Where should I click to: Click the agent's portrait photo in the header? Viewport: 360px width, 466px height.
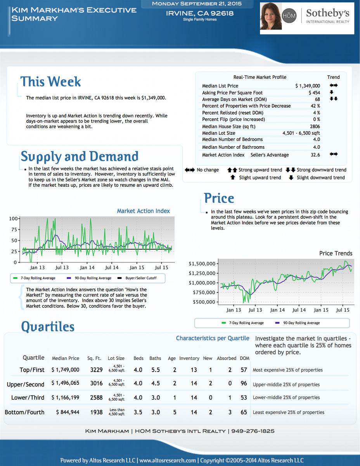pyautogui.click(x=271, y=16)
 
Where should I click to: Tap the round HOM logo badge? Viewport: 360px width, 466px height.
pyautogui.click(x=289, y=16)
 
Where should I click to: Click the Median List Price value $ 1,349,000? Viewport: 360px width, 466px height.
pyautogui.click(x=308, y=86)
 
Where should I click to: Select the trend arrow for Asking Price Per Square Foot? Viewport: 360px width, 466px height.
pyautogui.click(x=332, y=92)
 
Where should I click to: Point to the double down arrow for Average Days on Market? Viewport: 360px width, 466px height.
pyautogui.click(x=334, y=99)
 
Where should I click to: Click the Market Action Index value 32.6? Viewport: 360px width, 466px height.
pyautogui.click(x=315, y=155)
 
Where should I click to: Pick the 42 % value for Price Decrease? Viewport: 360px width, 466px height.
pyautogui.click(x=315, y=106)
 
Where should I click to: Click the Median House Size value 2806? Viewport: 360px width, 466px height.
pyautogui.click(x=315, y=126)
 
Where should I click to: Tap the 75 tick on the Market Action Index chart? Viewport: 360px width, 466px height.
pyautogui.click(x=14, y=230)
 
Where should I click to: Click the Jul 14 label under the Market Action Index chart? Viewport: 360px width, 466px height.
pyautogui.click(x=112, y=268)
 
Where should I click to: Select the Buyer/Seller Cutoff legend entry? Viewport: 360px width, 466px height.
pyautogui.click(x=137, y=278)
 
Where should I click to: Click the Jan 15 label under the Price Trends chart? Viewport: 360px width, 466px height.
pyautogui.click(x=321, y=310)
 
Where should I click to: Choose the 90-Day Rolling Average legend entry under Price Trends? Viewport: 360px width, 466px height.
pyautogui.click(x=298, y=323)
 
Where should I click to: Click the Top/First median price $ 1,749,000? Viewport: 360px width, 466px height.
pyautogui.click(x=65, y=370)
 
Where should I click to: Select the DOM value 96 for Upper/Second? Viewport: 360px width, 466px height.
pyautogui.click(x=244, y=383)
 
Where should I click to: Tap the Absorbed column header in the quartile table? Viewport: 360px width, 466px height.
pyautogui.click(x=227, y=358)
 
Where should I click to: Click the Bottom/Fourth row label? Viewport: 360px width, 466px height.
pyautogui.click(x=24, y=412)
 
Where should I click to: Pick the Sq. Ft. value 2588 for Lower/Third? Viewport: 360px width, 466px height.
pyautogui.click(x=96, y=398)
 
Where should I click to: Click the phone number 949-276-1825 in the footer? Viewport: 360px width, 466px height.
pyautogui.click(x=253, y=431)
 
